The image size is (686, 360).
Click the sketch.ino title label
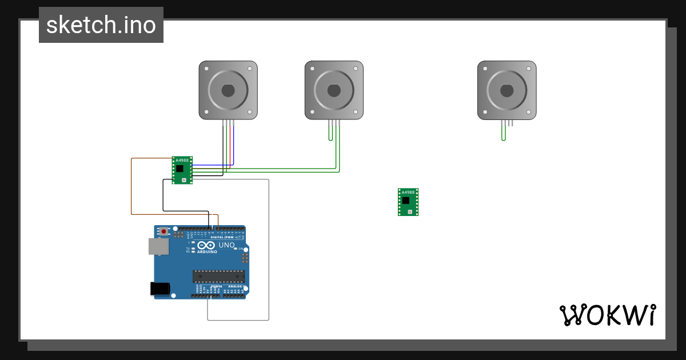[101, 25]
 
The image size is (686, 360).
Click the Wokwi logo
[607, 315]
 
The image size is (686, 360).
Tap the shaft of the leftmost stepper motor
[228, 90]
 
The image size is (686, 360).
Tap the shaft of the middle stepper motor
[334, 90]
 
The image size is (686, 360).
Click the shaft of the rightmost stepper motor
[506, 90]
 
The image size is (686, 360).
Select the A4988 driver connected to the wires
[182, 170]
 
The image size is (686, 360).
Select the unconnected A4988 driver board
[408, 202]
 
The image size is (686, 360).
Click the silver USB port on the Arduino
[159, 246]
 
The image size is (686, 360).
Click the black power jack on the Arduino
[161, 289]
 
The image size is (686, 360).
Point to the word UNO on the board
[226, 245]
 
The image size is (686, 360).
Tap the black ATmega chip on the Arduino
[218, 277]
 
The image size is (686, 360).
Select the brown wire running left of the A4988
[132, 186]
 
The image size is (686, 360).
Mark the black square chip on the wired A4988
[181, 169]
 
